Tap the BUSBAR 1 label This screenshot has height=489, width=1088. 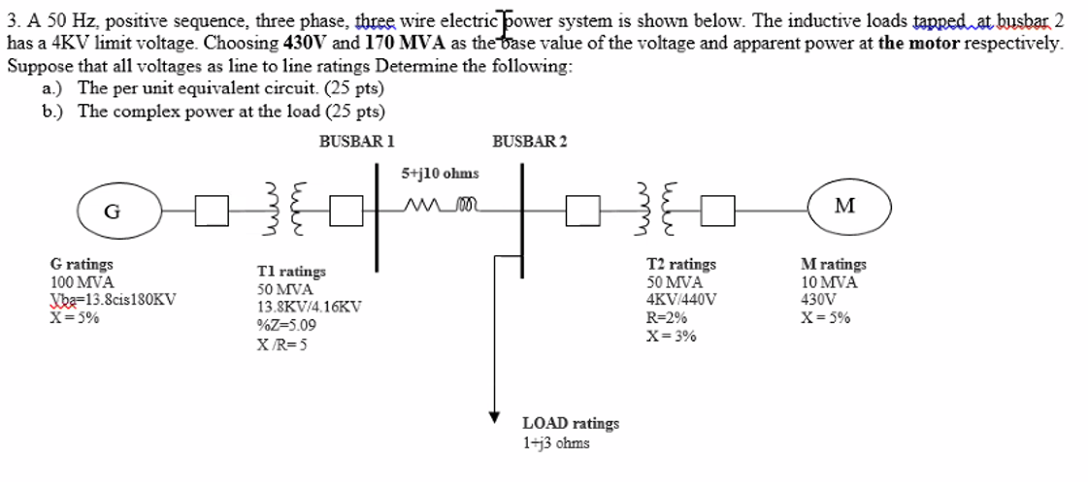click(356, 142)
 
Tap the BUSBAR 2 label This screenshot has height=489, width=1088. click(530, 142)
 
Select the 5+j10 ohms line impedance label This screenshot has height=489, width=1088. click(440, 173)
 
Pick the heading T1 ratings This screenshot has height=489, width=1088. click(291, 272)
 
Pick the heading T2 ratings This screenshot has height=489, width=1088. click(681, 264)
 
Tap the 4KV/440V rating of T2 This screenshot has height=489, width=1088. click(681, 299)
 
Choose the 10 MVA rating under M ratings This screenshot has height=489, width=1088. click(829, 281)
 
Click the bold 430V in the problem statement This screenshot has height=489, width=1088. click(307, 44)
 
